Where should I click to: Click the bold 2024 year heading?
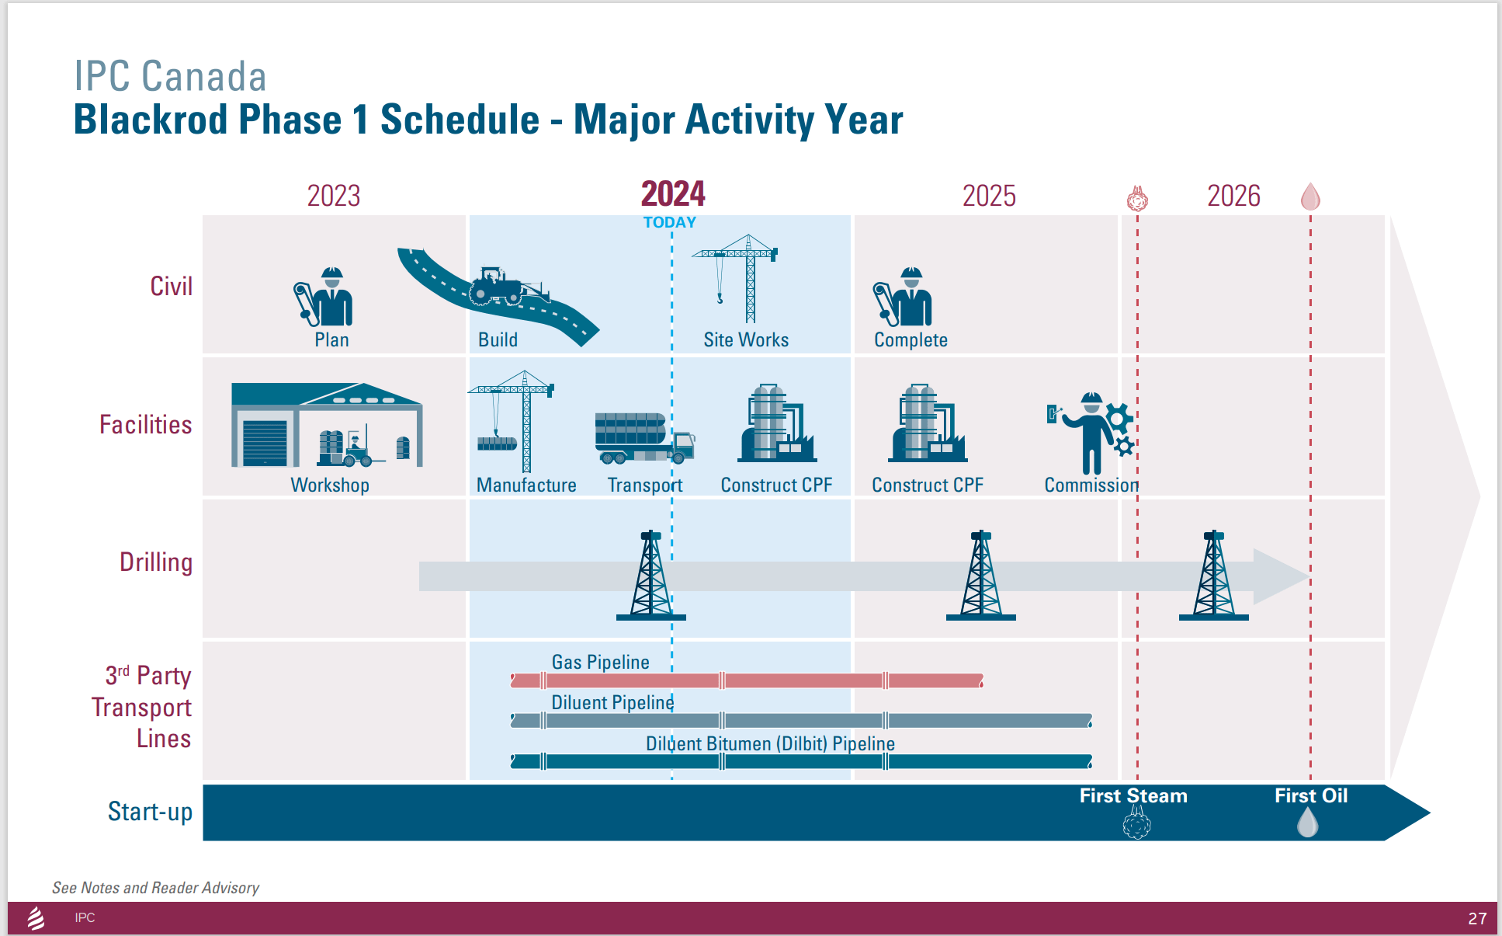[x=672, y=194]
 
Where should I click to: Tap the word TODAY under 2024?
[x=669, y=222]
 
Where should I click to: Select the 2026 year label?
[x=1233, y=196]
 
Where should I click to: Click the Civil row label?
[x=171, y=286]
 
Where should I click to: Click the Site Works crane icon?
[x=737, y=277]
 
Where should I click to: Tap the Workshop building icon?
[x=327, y=425]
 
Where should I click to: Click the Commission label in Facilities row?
[x=1091, y=485]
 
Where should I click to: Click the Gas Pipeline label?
[x=600, y=662]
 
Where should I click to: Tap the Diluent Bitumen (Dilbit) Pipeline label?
[x=769, y=743]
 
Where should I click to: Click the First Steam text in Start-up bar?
[x=1133, y=795]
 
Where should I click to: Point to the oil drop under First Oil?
[x=1307, y=822]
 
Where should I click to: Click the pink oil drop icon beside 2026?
[x=1310, y=197]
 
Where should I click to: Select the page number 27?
[x=1476, y=918]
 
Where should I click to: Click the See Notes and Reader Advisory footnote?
[x=155, y=887]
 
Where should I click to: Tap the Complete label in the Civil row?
[x=910, y=339]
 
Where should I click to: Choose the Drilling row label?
[x=155, y=562]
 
